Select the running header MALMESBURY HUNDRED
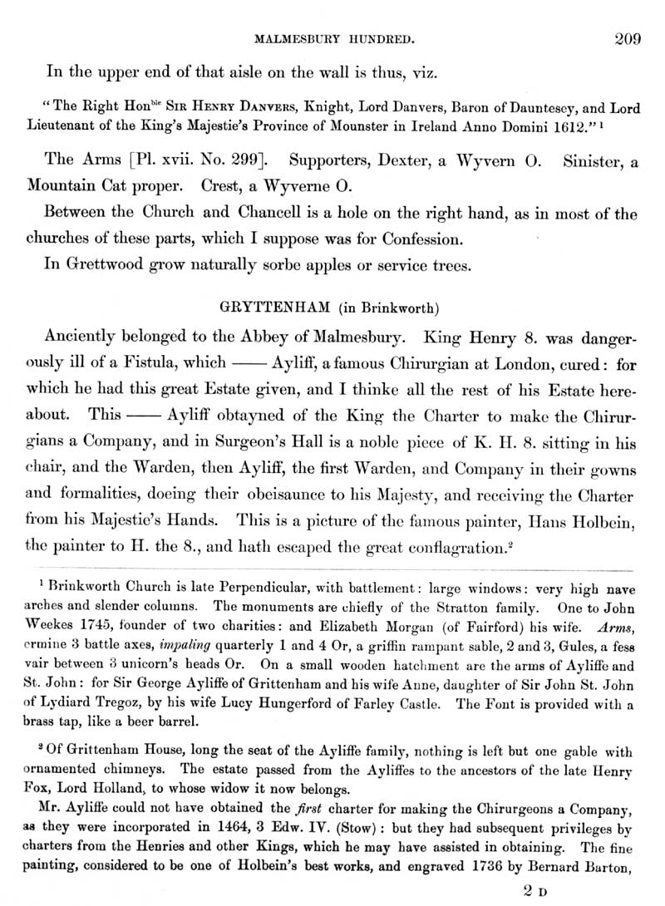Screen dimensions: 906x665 coord(342,38)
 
